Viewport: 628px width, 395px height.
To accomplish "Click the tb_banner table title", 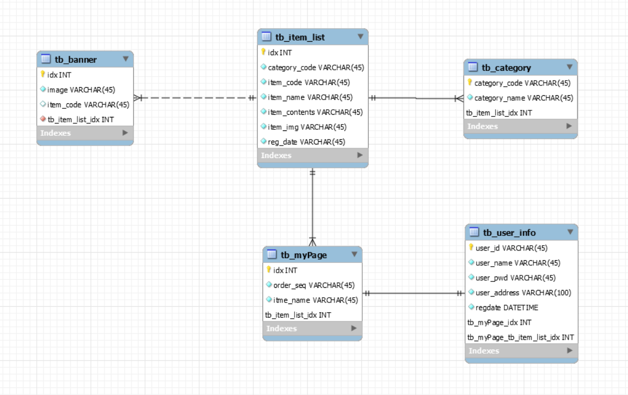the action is pos(76,60).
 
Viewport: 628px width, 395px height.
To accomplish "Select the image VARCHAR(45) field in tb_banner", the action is pos(81,90).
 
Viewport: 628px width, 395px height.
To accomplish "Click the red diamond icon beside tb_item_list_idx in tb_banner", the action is pos(43,119).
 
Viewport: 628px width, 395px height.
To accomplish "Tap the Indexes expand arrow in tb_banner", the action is pos(125,133).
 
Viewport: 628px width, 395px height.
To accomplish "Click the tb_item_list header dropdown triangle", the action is pos(361,37).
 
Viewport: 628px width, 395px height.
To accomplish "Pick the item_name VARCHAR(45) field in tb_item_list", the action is pos(310,97).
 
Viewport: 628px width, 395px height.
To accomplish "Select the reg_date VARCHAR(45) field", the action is pos(306,142).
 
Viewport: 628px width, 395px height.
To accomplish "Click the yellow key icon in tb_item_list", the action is pos(263,52).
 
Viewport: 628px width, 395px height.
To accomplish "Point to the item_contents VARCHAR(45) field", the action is pos(315,112).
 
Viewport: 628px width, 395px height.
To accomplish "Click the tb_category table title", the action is pos(506,68).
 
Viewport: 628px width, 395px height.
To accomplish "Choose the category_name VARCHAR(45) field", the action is pos(524,97).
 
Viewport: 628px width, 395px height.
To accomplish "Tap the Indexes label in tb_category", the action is pos(482,126).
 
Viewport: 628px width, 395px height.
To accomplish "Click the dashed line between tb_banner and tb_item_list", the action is pos(195,97).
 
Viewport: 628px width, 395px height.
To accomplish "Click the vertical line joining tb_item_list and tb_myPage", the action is pos(312,207).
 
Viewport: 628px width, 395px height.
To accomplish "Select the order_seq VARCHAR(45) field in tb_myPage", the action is pos(314,285).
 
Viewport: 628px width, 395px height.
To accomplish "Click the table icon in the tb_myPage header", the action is pos(272,254).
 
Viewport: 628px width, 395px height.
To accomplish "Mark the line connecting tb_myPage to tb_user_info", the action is pos(413,293).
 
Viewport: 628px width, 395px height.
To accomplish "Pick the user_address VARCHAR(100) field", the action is pos(523,293).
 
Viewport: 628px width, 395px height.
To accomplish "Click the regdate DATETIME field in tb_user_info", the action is pos(507,307).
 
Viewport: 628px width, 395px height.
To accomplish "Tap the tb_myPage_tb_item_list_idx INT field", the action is pos(521,337).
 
